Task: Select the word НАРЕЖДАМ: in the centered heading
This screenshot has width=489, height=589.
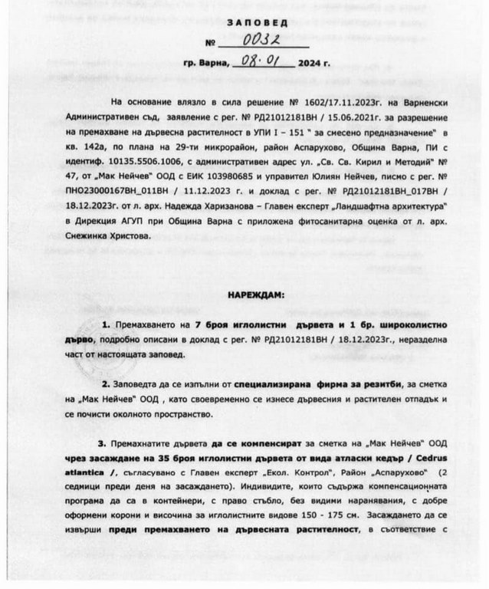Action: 255,294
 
